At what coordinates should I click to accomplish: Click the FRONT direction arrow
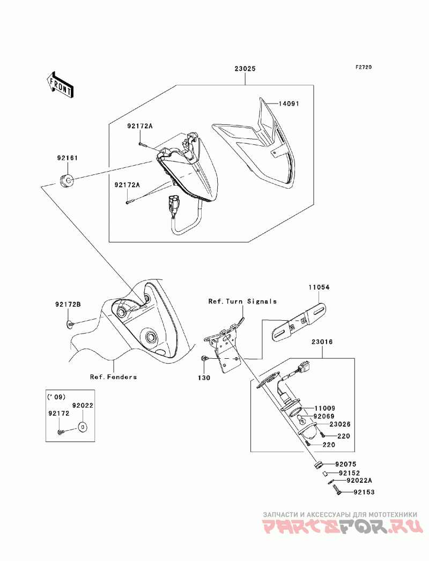click(x=60, y=84)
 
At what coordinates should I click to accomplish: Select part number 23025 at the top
click(x=245, y=69)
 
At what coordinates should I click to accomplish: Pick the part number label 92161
click(x=68, y=159)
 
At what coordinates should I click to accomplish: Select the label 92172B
click(x=68, y=305)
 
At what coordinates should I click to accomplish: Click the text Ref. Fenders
click(x=113, y=377)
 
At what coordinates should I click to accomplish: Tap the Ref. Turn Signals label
click(x=242, y=301)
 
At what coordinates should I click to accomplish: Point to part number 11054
click(x=319, y=287)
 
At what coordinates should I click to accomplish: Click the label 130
click(x=204, y=378)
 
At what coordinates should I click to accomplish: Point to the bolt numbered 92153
click(x=335, y=489)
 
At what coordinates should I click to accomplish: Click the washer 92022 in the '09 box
click(x=82, y=427)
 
